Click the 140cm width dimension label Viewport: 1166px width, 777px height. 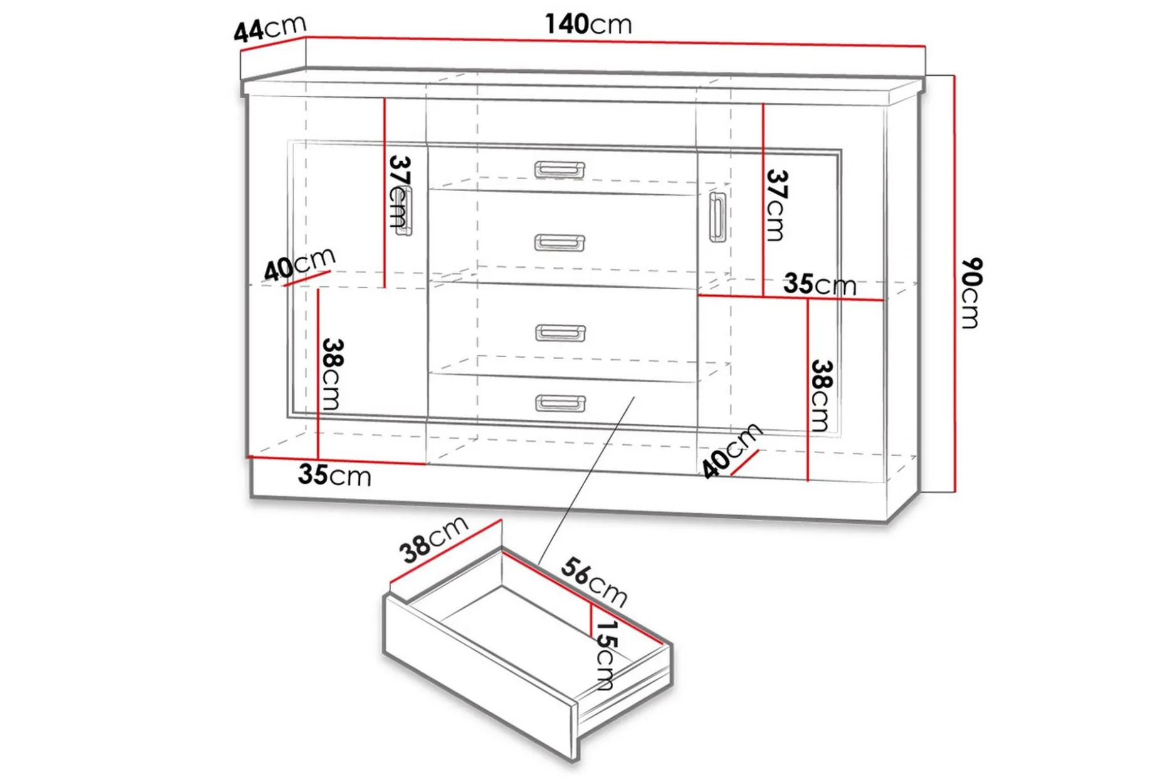[x=588, y=24]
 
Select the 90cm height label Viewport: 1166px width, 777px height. [x=971, y=293]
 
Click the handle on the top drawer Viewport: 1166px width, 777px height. [x=560, y=170]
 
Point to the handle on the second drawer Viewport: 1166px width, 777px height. [x=560, y=242]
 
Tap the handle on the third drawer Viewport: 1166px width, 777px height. [x=560, y=333]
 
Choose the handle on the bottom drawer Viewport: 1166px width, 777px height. [x=560, y=403]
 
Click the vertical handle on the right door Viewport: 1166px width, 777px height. [x=717, y=217]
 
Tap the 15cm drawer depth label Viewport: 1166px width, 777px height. [x=606, y=655]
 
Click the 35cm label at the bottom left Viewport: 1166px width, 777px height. [x=335, y=475]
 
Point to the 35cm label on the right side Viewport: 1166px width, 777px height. [x=819, y=284]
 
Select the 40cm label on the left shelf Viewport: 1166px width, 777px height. [x=300, y=264]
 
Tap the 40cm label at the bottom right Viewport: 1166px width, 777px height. [x=731, y=451]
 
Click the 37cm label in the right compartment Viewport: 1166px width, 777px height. [x=776, y=205]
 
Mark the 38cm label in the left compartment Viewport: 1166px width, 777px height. [x=332, y=374]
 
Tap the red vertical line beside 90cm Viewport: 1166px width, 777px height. [x=954, y=284]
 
